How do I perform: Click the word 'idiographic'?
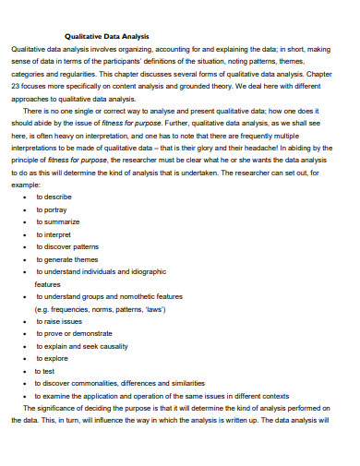pyautogui.click(x=144, y=272)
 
